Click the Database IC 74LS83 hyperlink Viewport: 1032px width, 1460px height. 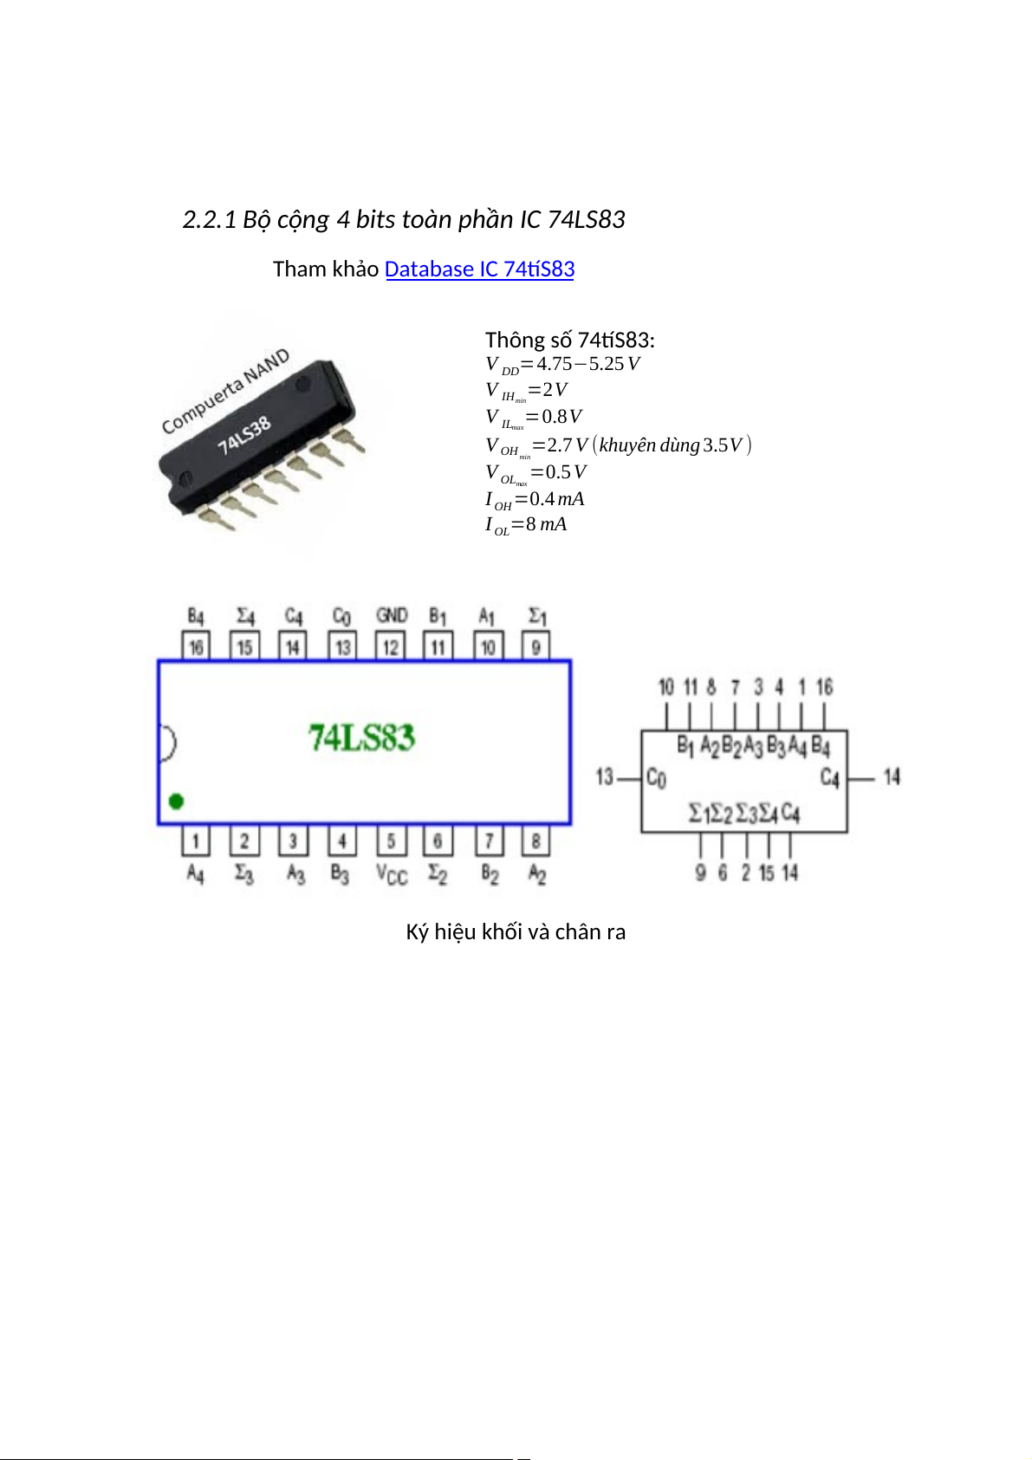pos(479,269)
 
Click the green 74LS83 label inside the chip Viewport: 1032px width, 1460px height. pos(361,738)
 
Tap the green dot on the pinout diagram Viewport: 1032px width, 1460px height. pos(176,801)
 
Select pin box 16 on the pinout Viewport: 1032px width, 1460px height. pos(196,646)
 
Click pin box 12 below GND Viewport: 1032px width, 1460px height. pos(391,646)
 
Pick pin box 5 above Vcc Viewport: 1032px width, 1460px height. pos(391,840)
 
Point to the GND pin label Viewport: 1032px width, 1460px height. pos(392,615)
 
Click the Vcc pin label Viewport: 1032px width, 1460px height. pos(392,874)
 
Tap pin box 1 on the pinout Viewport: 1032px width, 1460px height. pos(196,840)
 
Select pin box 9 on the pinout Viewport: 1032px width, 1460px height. pos(536,646)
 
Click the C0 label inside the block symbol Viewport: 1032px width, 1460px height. pos(656,777)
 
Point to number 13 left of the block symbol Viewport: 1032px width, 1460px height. pos(605,777)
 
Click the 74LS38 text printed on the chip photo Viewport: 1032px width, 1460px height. pos(244,434)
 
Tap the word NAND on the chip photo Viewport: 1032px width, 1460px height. pos(266,367)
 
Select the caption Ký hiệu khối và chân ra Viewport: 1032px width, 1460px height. pos(516,932)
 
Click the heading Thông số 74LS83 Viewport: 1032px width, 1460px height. pos(569,340)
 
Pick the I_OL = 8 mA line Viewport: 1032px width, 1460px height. pos(526,525)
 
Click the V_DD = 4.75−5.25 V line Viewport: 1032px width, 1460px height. pos(562,365)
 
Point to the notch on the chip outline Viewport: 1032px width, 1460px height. pos(167,743)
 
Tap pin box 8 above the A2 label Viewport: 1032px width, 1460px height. pos(536,840)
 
